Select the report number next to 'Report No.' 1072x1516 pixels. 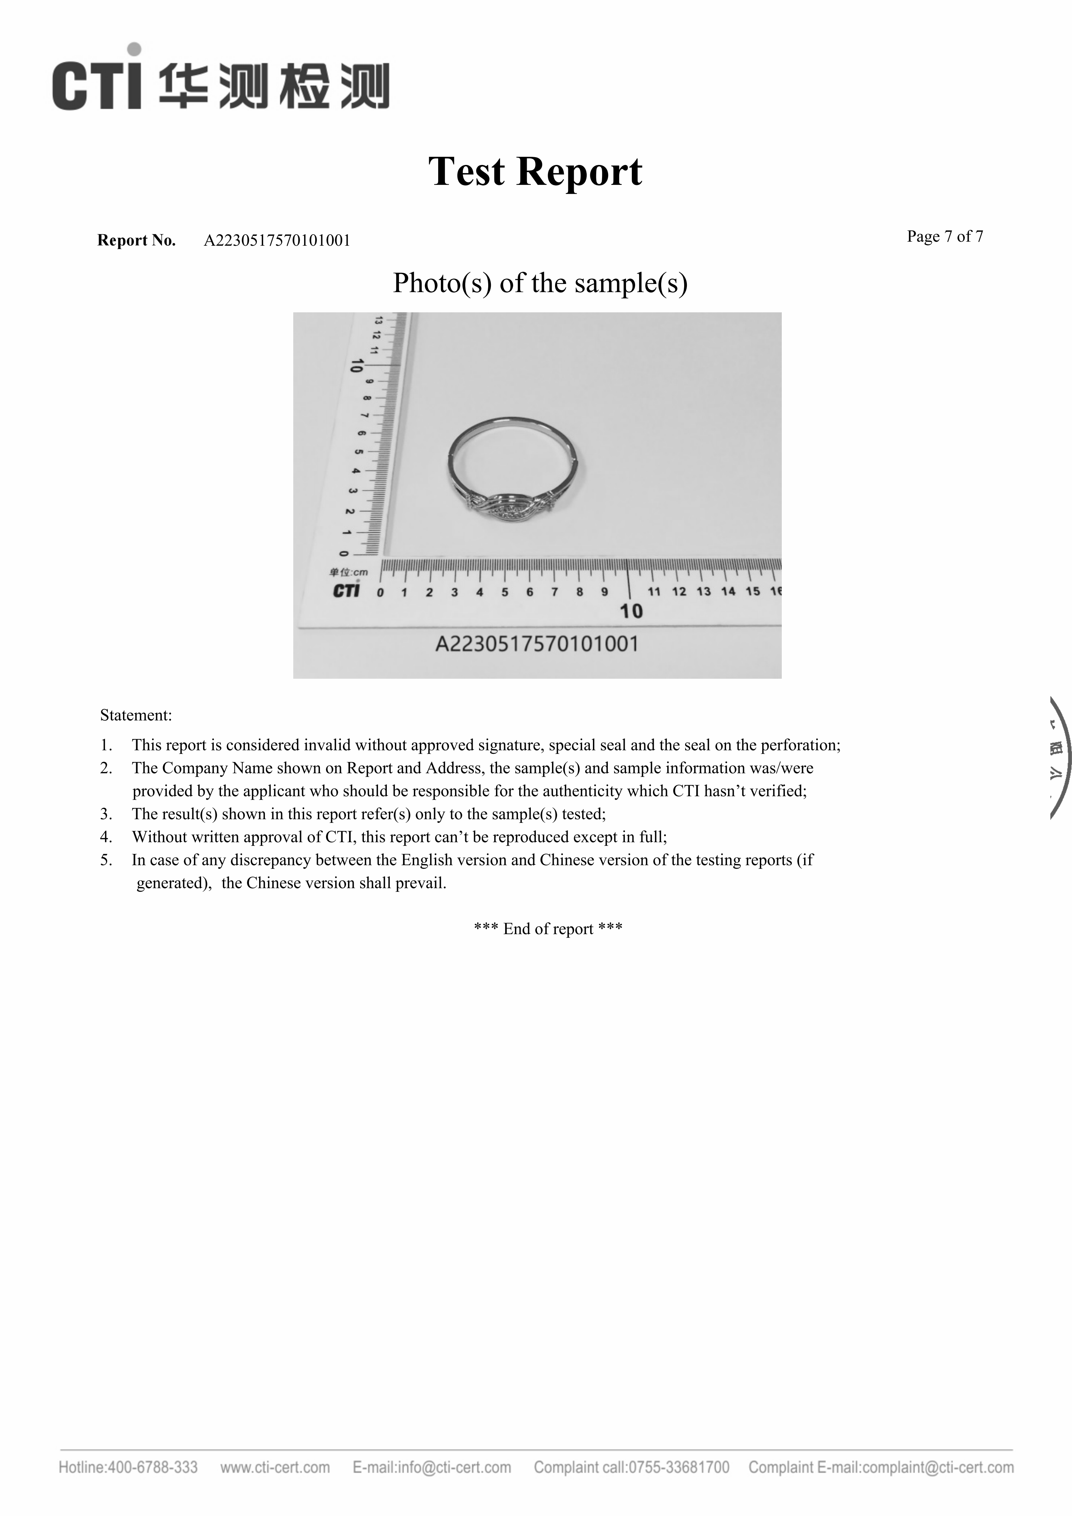coord(277,240)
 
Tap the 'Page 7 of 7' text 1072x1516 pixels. coord(945,236)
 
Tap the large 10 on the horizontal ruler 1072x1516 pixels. coord(631,611)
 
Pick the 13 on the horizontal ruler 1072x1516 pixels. coord(704,592)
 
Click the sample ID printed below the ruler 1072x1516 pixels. coord(537,644)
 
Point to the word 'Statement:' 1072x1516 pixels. coord(136,715)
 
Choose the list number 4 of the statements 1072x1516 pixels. coord(106,837)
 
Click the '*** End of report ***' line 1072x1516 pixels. coord(548,929)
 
